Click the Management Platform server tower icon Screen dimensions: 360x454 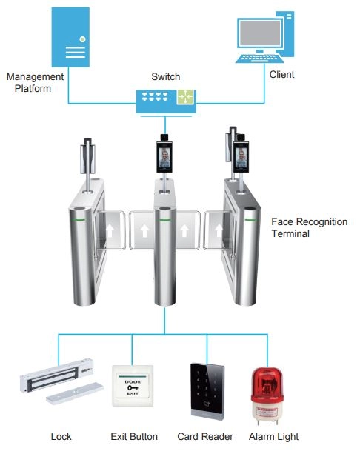70,37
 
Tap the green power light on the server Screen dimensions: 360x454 82,39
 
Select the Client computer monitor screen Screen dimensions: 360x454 260,34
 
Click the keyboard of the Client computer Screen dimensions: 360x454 260,58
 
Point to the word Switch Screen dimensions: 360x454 166,76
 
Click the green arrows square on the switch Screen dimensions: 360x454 185,96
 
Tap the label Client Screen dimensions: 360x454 281,74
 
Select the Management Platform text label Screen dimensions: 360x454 35,82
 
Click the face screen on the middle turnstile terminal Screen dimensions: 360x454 164,157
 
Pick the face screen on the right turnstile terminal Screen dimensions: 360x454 241,157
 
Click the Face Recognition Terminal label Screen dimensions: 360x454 310,227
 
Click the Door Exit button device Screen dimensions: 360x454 133,386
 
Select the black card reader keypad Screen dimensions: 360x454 207,391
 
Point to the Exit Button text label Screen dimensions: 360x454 134,436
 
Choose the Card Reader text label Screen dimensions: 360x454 205,436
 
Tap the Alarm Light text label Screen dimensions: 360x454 273,437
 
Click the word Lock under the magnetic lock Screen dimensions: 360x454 61,436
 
